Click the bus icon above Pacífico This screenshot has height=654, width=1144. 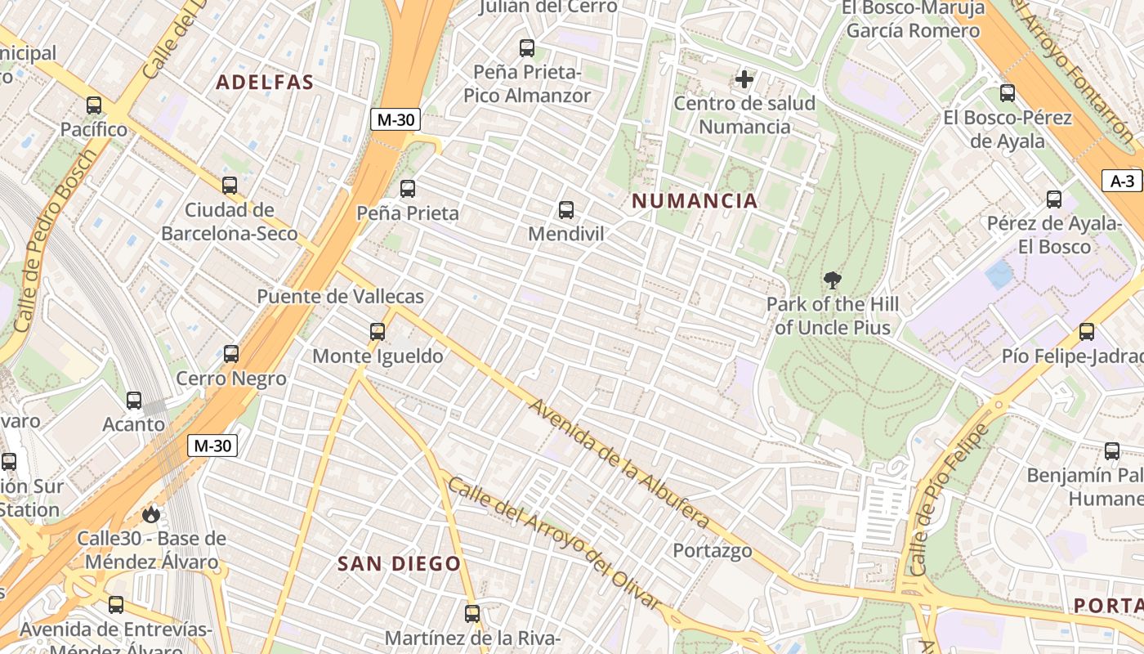click(94, 105)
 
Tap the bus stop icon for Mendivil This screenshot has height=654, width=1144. click(565, 210)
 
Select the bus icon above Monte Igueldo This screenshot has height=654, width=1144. click(377, 332)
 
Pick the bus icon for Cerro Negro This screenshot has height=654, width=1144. click(231, 354)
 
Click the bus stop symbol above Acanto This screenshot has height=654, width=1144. click(134, 401)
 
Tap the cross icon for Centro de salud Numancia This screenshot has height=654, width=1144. click(744, 79)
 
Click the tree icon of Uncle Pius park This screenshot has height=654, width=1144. click(833, 281)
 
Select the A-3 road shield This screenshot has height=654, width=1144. click(1122, 181)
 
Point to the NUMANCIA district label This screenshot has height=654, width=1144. click(695, 201)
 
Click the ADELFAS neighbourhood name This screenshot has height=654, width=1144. click(265, 83)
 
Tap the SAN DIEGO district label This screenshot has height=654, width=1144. click(400, 564)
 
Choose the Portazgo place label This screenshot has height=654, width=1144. click(712, 551)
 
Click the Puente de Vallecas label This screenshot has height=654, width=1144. click(341, 296)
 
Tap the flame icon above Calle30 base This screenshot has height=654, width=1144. click(150, 514)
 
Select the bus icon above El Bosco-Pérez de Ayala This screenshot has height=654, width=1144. click(1007, 93)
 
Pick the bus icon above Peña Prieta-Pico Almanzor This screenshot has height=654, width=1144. click(527, 48)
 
